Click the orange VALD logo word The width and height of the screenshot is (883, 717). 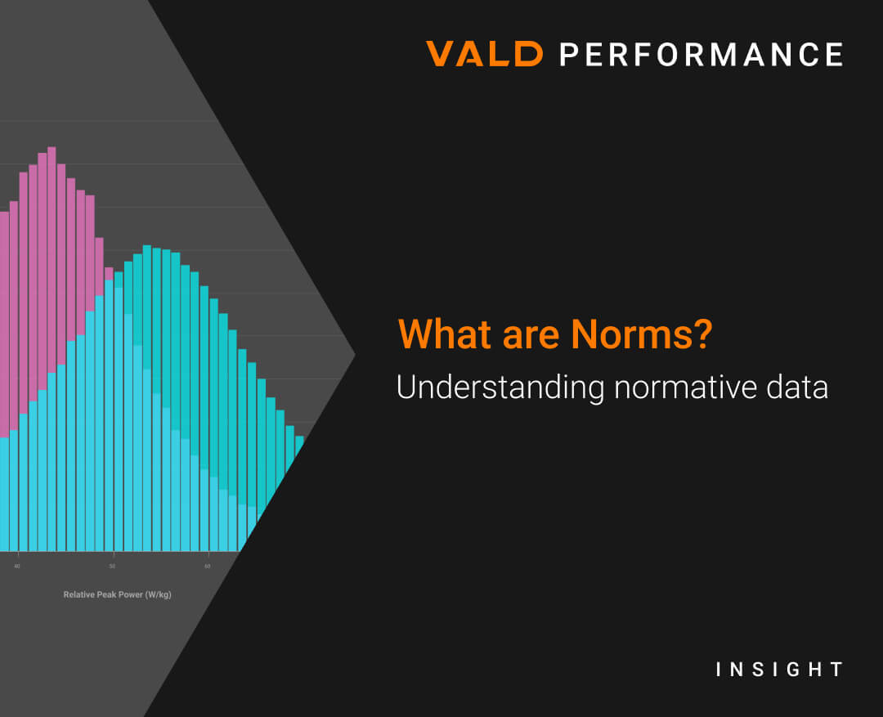tap(484, 53)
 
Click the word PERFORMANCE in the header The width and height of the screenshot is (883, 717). tap(701, 54)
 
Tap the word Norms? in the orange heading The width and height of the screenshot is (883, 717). tap(642, 334)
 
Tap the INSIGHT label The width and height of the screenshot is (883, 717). tap(779, 669)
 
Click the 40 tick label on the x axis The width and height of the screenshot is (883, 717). tap(17, 566)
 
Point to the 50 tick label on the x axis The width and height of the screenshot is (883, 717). tap(112, 566)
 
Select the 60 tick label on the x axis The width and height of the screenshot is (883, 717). tap(207, 566)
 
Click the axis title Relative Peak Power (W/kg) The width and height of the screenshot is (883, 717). tap(117, 594)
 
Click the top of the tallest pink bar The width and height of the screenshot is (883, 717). tap(52, 147)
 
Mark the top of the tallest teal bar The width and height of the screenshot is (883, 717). tap(147, 246)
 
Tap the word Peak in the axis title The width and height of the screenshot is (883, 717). tap(107, 594)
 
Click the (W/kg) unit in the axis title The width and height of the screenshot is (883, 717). tap(159, 594)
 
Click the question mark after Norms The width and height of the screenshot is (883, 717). tap(703, 334)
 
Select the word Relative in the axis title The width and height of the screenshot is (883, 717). tap(78, 594)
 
